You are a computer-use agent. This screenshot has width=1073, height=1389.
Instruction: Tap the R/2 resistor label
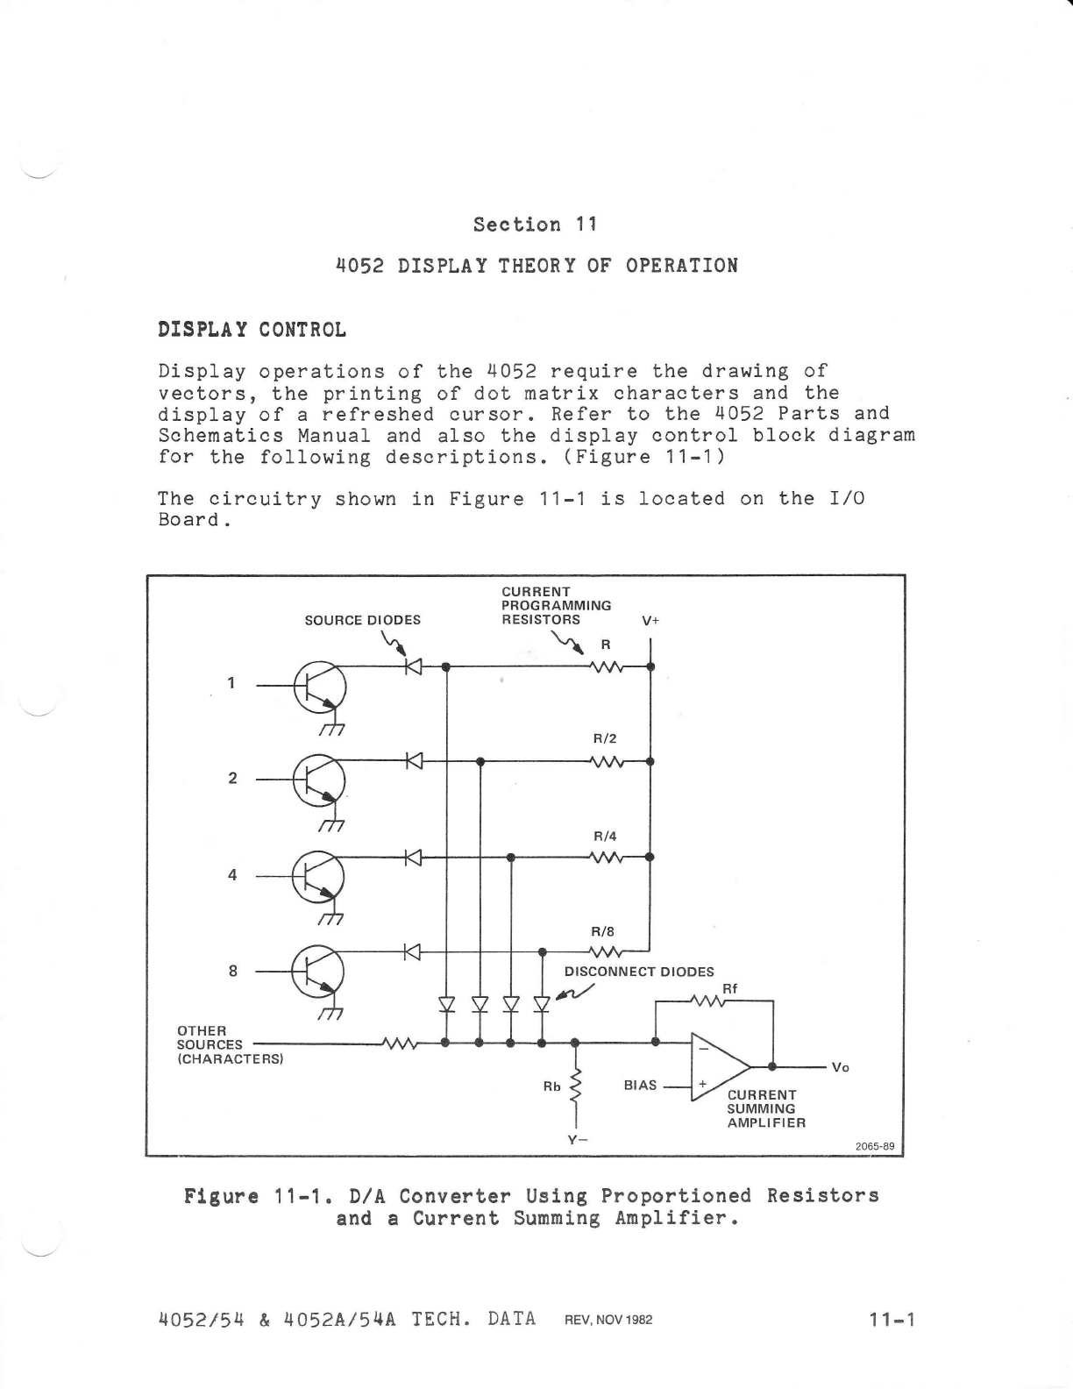[x=606, y=738]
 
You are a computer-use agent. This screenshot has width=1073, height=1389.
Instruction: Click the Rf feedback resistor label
[x=729, y=988]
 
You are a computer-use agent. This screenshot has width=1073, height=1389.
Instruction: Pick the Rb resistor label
[x=552, y=1086]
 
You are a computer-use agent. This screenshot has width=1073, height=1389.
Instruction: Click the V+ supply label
[x=650, y=620]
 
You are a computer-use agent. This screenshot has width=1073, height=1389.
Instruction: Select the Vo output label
[x=840, y=1067]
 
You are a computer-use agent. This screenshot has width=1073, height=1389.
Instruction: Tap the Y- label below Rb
[x=576, y=1140]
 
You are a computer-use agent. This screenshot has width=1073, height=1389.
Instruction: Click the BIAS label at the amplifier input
[x=640, y=1086]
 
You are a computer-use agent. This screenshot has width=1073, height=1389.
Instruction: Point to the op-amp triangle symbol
[x=719, y=1066]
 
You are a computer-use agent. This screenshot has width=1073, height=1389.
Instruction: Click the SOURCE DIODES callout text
[x=362, y=620]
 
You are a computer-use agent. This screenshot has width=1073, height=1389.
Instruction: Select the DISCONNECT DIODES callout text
[x=639, y=972]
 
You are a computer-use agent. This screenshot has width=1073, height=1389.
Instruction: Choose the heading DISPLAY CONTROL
[x=252, y=330]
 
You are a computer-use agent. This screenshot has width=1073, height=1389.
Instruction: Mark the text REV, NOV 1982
[x=608, y=1320]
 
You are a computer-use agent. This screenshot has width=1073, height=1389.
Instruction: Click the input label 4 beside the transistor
[x=232, y=874]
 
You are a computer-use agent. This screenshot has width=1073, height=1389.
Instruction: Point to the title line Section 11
[x=535, y=224]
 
